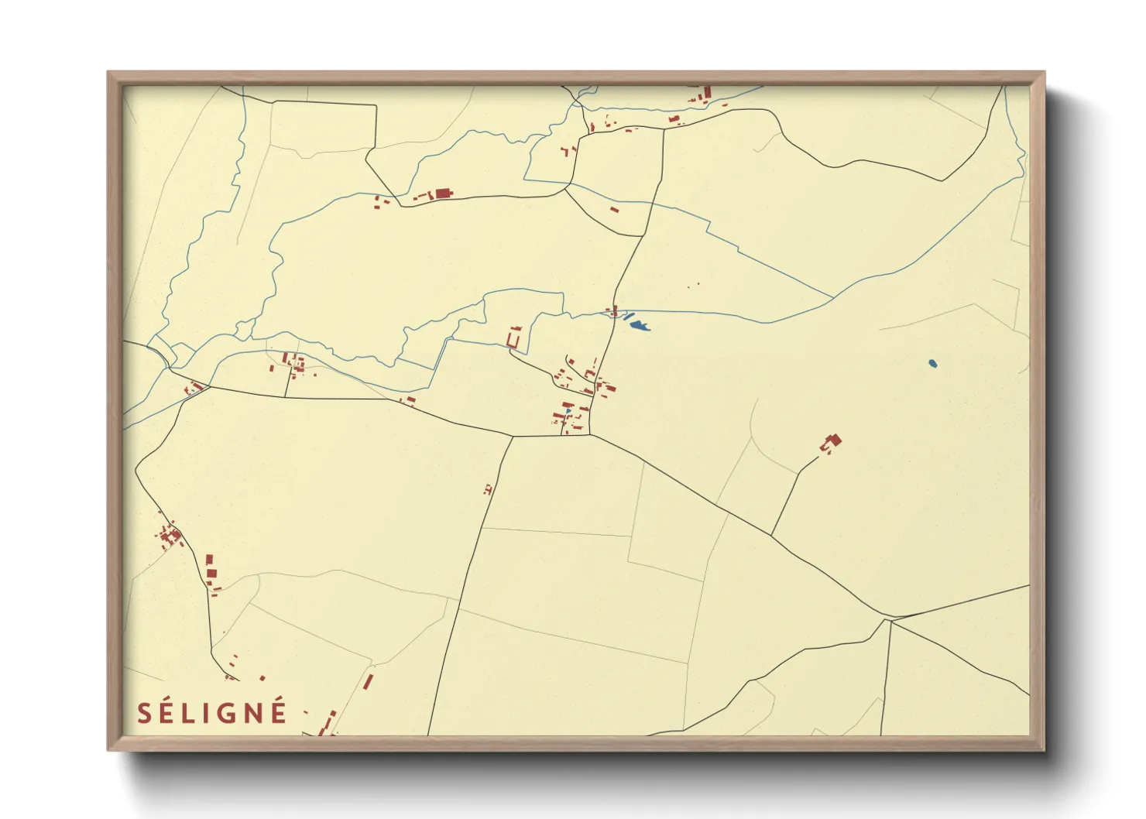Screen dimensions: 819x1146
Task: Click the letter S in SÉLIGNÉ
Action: pos(144,713)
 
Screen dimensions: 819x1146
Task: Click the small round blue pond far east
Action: pos(932,362)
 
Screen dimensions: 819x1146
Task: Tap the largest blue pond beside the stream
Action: pos(639,326)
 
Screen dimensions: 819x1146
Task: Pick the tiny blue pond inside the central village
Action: pos(568,411)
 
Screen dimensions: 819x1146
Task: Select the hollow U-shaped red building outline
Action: pos(513,338)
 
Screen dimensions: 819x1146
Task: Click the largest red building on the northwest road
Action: pos(443,194)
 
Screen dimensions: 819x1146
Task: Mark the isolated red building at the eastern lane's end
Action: pos(833,441)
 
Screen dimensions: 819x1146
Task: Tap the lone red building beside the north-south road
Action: pos(487,489)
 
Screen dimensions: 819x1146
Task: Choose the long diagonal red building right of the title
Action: pos(369,682)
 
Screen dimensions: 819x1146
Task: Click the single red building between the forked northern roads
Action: pos(615,209)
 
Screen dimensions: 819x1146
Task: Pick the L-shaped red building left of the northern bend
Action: pos(565,152)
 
